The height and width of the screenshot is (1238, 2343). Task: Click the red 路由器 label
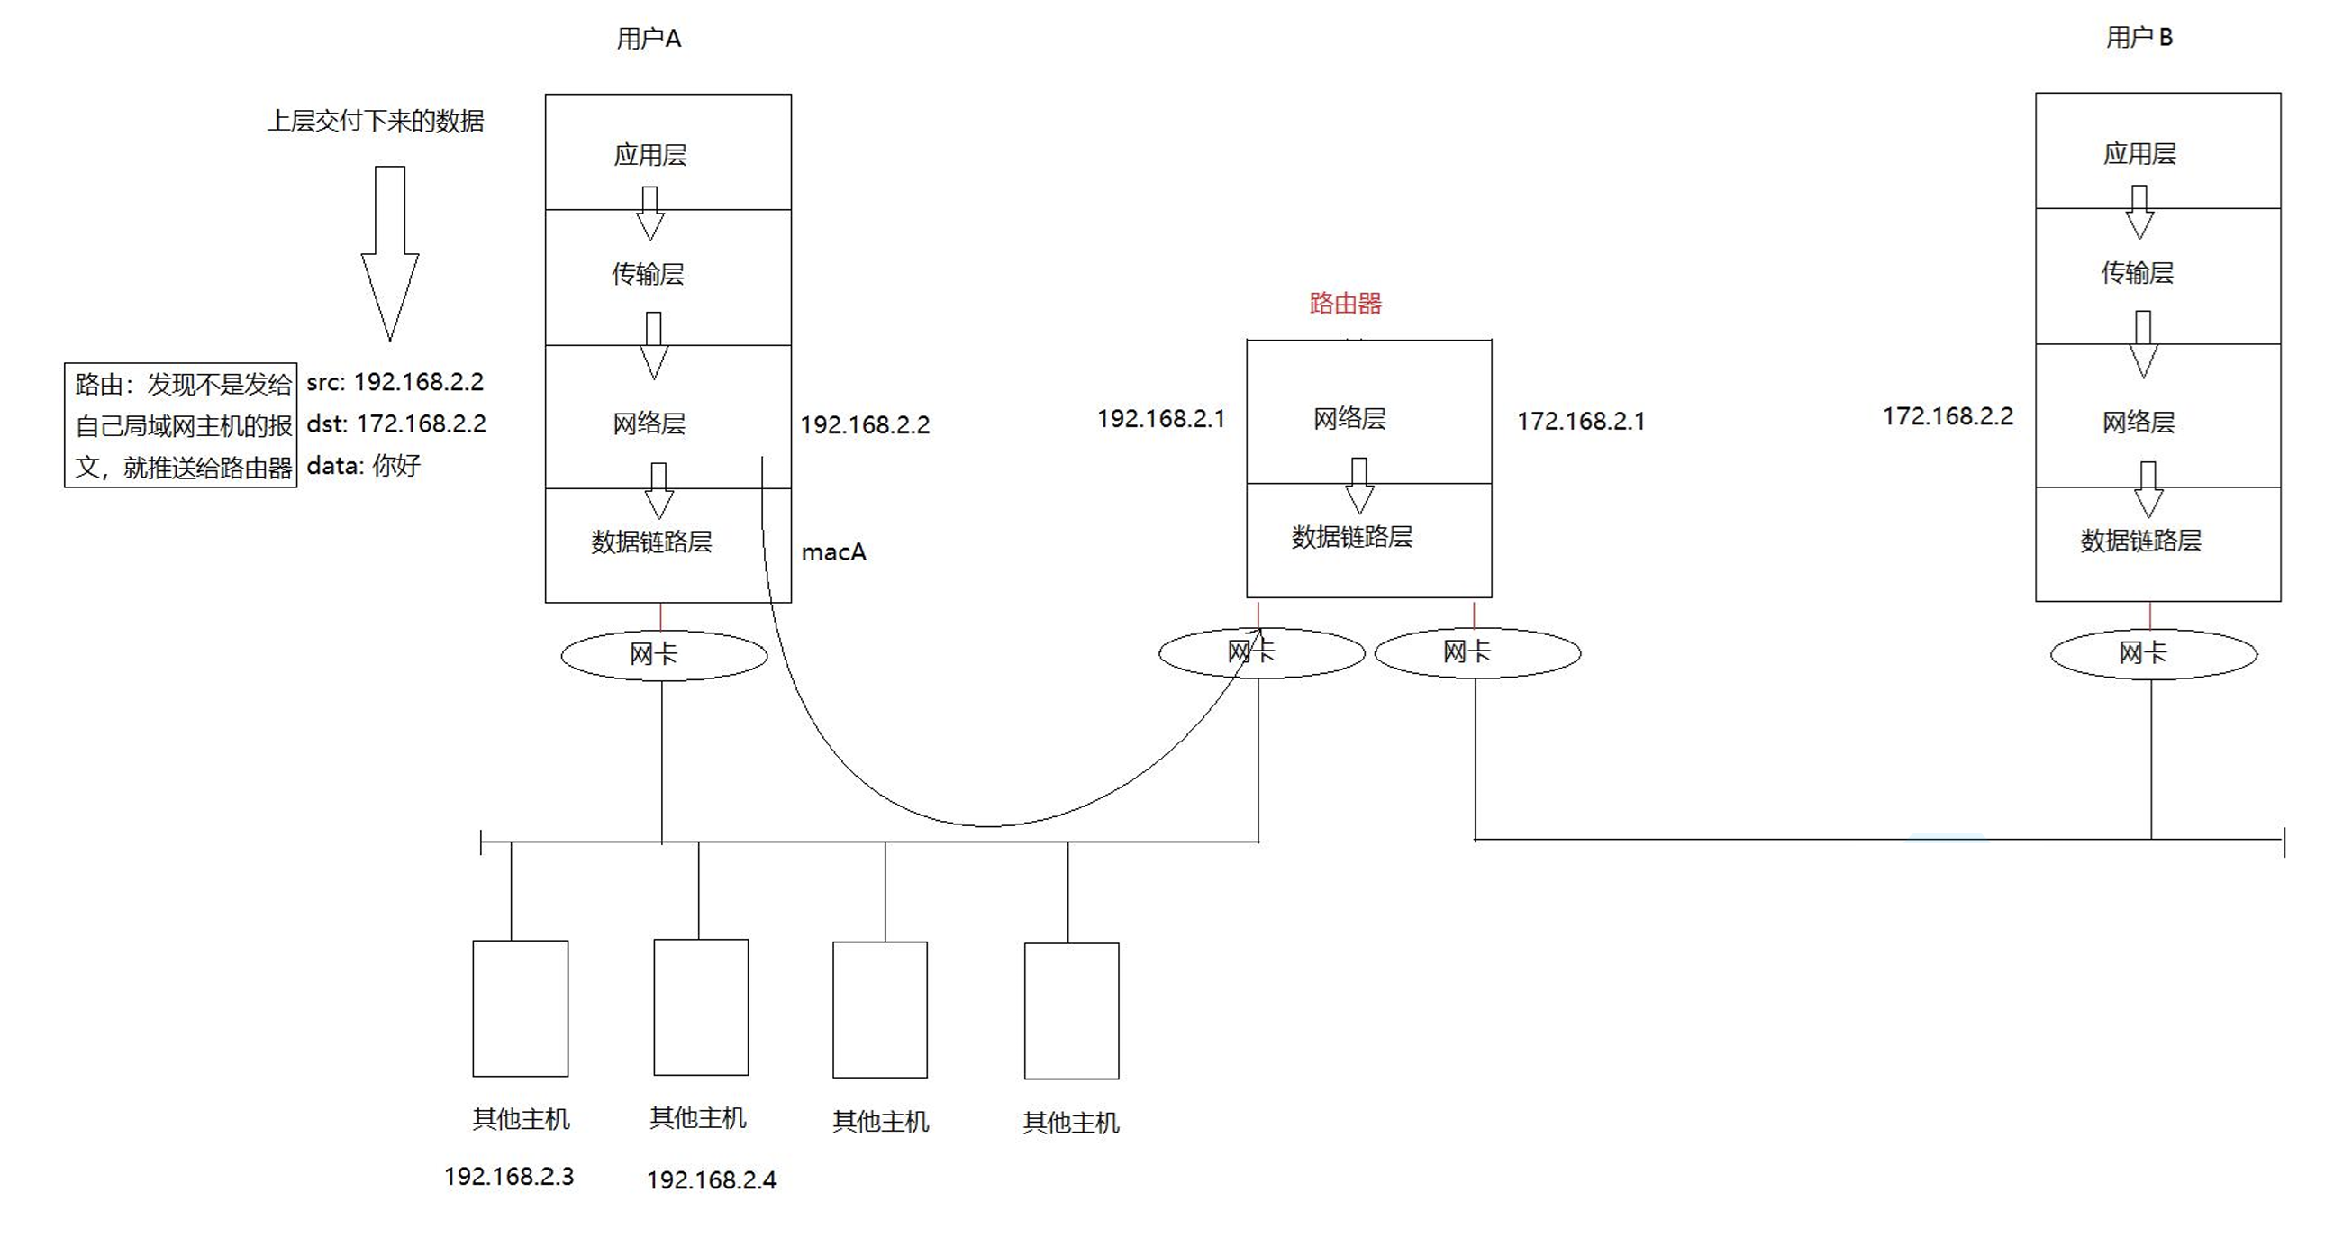[1345, 303]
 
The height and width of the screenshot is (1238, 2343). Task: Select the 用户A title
[649, 38]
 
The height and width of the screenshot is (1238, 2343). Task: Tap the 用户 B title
[2139, 37]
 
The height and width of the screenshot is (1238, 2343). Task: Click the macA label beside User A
[833, 552]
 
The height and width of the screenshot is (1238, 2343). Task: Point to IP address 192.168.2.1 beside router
[1160, 418]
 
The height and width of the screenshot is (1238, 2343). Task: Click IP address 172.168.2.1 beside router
[1581, 421]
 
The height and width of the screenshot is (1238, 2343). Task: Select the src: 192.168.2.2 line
[395, 382]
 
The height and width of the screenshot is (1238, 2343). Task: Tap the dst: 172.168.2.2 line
[396, 423]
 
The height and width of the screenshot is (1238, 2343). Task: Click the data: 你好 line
[364, 466]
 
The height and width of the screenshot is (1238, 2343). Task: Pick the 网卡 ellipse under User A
[663, 655]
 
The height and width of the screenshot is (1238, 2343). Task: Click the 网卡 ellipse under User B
[2153, 653]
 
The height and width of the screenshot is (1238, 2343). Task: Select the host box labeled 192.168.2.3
[521, 1008]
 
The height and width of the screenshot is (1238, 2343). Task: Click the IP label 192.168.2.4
[712, 1179]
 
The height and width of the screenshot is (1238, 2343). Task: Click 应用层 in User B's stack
[2139, 153]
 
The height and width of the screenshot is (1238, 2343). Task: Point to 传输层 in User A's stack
[648, 273]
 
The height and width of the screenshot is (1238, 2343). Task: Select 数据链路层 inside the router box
[1351, 537]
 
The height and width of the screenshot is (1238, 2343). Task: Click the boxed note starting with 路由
[181, 425]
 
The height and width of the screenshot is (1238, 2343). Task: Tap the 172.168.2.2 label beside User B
[1948, 416]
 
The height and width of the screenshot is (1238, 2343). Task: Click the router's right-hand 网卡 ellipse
[1477, 652]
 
